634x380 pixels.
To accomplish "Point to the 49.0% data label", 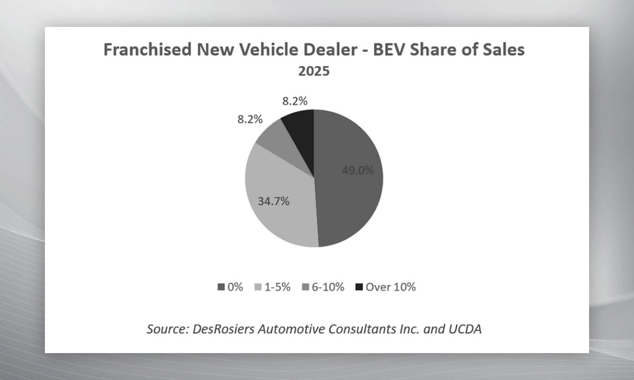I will (358, 170).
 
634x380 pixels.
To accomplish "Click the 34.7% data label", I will (273, 201).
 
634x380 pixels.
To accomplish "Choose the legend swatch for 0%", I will (221, 287).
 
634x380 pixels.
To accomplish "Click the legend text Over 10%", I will (390, 287).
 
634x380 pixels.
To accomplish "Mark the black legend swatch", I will (359, 287).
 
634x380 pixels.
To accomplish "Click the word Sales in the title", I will (502, 50).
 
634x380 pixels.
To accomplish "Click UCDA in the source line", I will (465, 329).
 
